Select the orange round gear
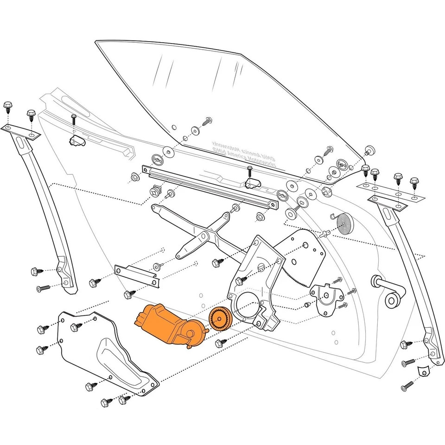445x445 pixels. (219, 319)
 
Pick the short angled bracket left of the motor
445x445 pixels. (136, 276)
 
